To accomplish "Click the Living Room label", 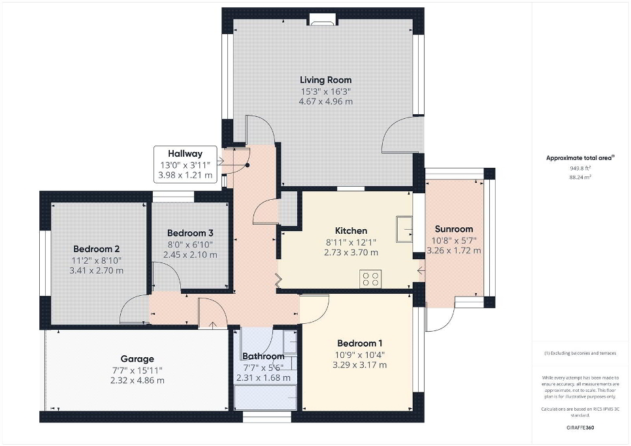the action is point(325,80).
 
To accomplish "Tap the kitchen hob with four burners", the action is point(370,279).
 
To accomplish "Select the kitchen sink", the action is point(404,229).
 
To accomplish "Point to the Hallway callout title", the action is point(185,153).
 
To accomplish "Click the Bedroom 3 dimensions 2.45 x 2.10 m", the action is point(190,255).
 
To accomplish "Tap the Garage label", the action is point(137,359).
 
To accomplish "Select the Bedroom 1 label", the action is point(360,343).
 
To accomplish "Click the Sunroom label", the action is point(454,229).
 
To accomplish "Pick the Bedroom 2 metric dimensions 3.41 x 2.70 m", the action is point(97,270).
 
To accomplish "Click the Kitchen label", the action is point(351,231).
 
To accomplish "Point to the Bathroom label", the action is point(263,357).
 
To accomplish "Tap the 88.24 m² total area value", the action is point(580,177).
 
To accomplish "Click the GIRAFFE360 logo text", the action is point(580,428).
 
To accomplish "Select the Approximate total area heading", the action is point(580,158).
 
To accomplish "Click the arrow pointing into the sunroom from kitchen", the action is point(421,270).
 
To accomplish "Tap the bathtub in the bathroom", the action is point(266,397).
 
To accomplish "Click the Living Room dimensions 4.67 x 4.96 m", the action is point(325,102).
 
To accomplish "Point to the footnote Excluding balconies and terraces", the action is point(580,353).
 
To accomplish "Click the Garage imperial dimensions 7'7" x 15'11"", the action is point(137,370).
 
